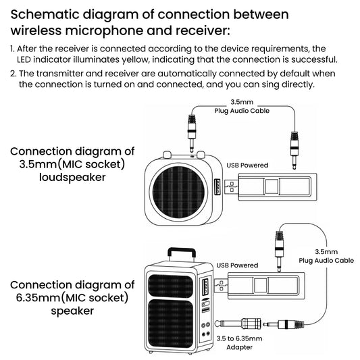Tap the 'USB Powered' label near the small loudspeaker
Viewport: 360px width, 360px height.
point(247,165)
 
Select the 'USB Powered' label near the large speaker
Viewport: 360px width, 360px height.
point(237,265)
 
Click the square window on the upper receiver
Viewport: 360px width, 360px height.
point(272,187)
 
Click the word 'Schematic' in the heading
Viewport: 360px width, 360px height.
point(48,14)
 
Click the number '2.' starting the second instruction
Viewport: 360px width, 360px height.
point(14,73)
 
